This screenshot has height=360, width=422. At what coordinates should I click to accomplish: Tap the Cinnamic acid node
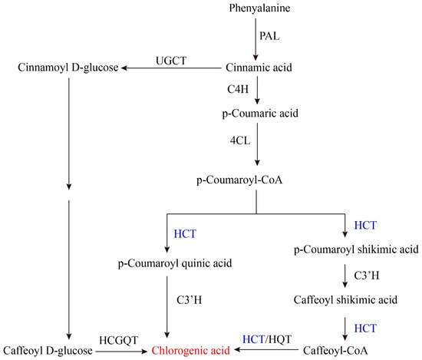257,68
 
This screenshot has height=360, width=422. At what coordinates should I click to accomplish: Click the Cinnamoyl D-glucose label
68,68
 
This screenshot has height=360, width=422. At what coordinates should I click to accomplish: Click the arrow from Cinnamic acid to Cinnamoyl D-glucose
169,68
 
